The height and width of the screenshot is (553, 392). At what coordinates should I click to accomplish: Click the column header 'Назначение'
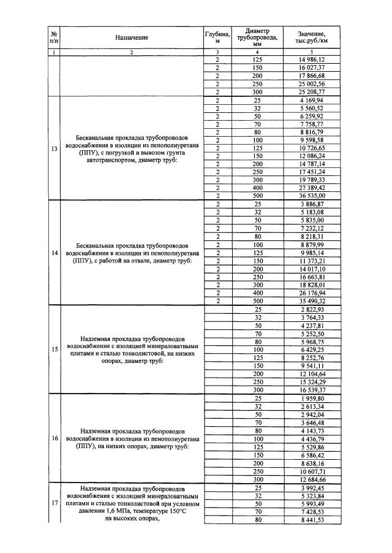click(x=132, y=37)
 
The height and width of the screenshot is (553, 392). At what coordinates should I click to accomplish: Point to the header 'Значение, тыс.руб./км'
click(x=311, y=37)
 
